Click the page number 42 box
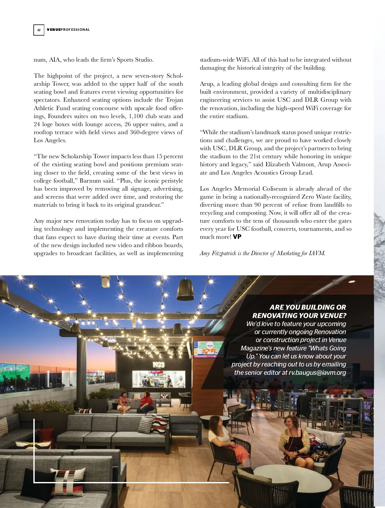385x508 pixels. [39, 30]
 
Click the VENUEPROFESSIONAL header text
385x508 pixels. [68, 30]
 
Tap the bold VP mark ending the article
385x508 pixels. [237, 237]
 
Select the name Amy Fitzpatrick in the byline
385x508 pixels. [218, 253]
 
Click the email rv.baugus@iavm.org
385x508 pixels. [317, 372]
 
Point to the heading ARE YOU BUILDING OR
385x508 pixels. [308, 307]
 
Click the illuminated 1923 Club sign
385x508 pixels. [158, 365]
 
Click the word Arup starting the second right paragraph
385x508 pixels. [207, 84]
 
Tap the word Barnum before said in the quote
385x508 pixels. [90, 181]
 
